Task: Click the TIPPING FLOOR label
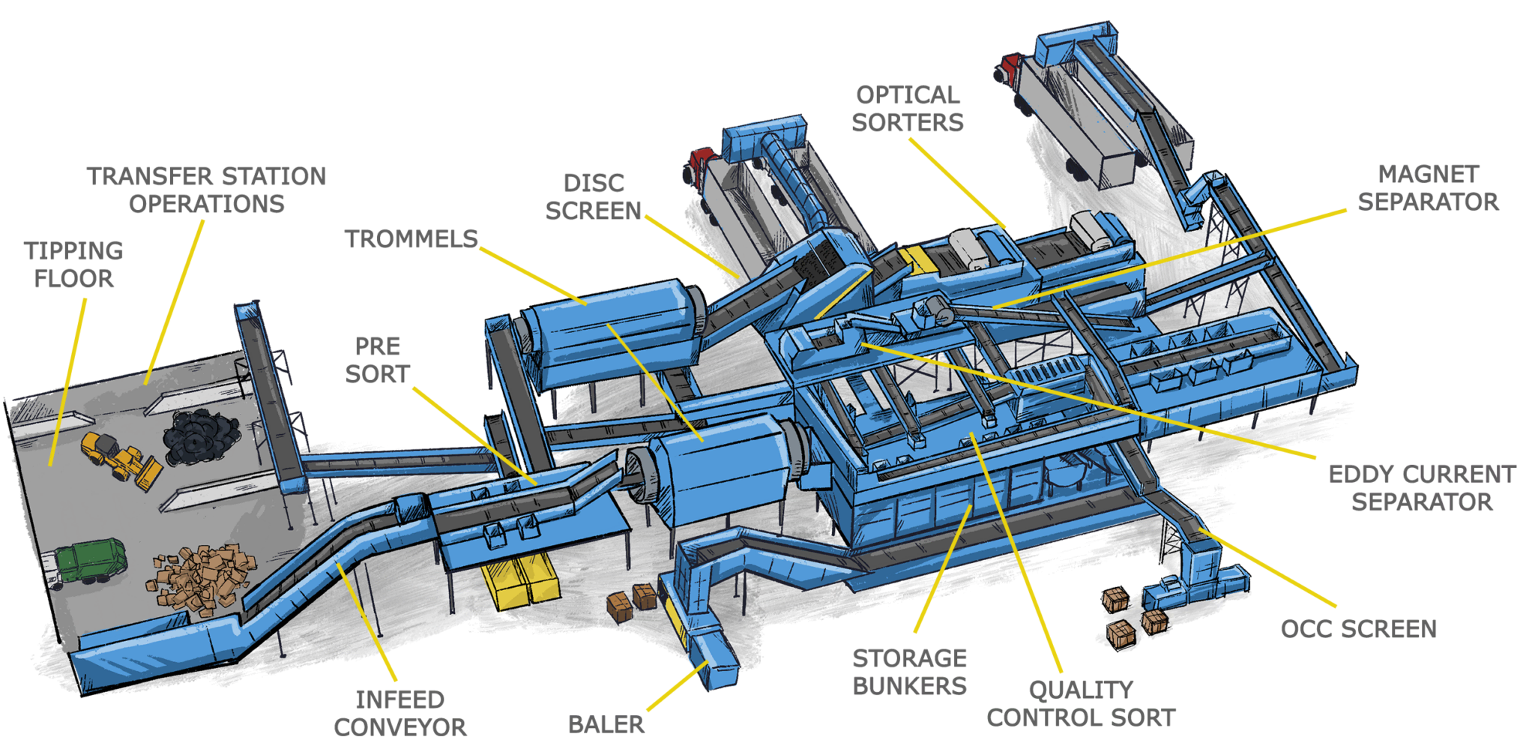pyautogui.click(x=73, y=265)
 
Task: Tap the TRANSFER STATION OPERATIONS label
pyautogui.click(x=207, y=190)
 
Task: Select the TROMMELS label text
pyautogui.click(x=411, y=239)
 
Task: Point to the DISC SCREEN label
pyautogui.click(x=594, y=197)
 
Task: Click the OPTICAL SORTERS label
pyautogui.click(x=908, y=109)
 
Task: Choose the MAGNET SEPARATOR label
pyautogui.click(x=1429, y=188)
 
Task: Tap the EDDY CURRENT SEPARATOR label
pyautogui.click(x=1422, y=488)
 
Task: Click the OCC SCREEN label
pyautogui.click(x=1359, y=629)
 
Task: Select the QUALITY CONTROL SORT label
pyautogui.click(x=1081, y=703)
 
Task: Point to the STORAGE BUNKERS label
pyautogui.click(x=910, y=673)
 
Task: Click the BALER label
pyautogui.click(x=606, y=725)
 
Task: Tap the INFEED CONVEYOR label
pyautogui.click(x=400, y=713)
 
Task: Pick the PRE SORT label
pyautogui.click(x=378, y=360)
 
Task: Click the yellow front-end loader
pyautogui.click(x=122, y=460)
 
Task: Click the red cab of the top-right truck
pyautogui.click(x=1008, y=68)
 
